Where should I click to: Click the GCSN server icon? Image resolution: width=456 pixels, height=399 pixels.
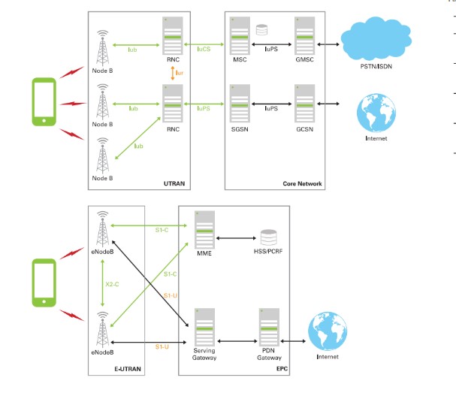point(305,106)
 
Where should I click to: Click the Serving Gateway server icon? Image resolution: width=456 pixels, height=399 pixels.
point(205,325)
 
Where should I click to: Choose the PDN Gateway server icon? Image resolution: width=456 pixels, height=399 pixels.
point(269,325)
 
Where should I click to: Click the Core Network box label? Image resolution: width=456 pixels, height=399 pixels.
point(301,183)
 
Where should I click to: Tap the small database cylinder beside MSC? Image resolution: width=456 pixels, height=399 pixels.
point(261,30)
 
